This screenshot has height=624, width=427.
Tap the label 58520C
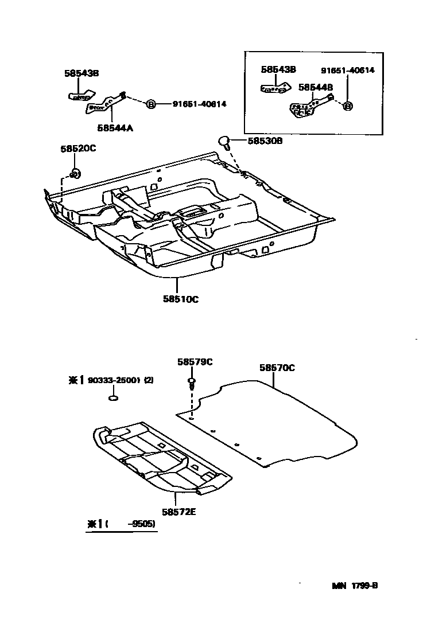78,149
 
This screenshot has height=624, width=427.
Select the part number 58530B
265,141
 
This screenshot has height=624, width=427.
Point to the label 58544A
115,128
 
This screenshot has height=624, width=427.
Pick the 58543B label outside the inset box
81,73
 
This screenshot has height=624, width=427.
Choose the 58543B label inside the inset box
278,69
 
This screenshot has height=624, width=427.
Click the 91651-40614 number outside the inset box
199,104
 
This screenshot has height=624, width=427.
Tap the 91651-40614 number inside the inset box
347,70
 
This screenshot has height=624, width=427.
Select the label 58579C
195,361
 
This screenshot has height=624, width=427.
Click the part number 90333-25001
113,380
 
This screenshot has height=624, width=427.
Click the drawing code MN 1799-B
354,586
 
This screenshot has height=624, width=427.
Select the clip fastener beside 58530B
225,141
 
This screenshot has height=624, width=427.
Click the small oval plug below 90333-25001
114,399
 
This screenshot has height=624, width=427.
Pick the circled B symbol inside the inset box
348,106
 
